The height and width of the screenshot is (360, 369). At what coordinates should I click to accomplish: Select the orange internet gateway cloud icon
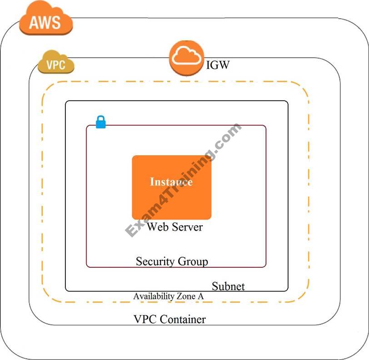[x=186, y=57]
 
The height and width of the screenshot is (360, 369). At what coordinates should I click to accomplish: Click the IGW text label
[x=217, y=65]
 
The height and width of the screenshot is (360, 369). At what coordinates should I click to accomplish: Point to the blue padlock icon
[x=100, y=122]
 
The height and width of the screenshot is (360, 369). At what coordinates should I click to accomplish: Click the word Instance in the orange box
[x=171, y=182]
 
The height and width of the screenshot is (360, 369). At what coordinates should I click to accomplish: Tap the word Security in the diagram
[x=155, y=261]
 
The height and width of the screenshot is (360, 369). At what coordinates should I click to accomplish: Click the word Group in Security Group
[x=193, y=261]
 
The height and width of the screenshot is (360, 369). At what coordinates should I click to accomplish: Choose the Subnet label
[x=228, y=286]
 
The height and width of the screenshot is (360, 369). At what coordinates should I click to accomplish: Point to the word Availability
[x=154, y=296]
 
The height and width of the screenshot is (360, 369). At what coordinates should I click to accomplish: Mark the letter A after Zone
[x=201, y=296]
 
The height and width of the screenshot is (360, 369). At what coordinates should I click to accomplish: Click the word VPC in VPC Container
[x=145, y=319]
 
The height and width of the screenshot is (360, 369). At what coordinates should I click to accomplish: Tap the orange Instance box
[x=171, y=200]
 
